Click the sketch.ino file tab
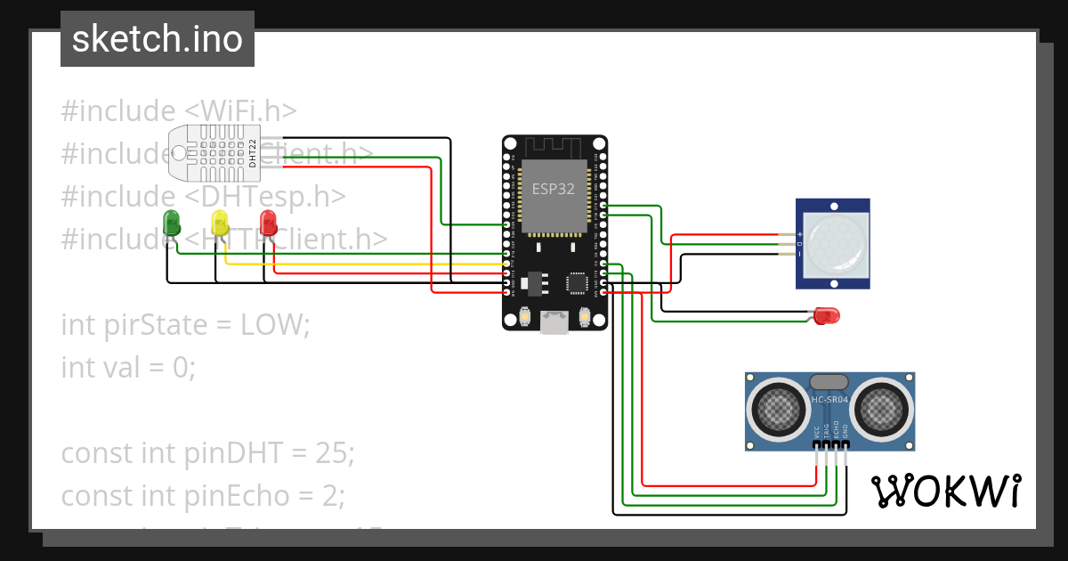[x=157, y=39]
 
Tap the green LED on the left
[x=171, y=222]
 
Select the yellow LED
[x=220, y=222]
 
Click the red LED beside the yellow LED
[x=268, y=222]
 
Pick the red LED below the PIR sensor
[x=827, y=315]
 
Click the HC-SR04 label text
[x=829, y=400]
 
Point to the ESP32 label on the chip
[x=554, y=189]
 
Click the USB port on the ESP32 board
[x=555, y=322]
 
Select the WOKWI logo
[x=945, y=491]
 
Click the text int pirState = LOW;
[x=185, y=324]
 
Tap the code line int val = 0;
[x=127, y=366]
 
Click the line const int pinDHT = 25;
[x=207, y=452]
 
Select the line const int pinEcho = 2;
[x=202, y=494]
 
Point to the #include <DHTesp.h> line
[x=203, y=196]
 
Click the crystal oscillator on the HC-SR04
[x=829, y=381]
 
